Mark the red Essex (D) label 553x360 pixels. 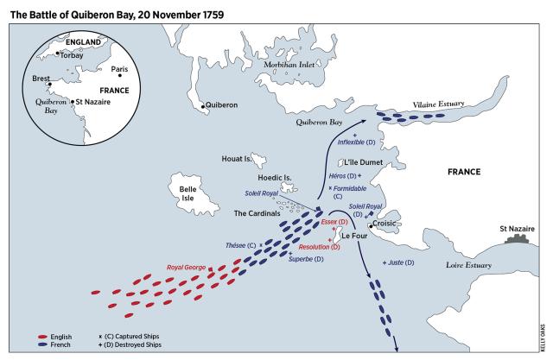[x=334, y=222]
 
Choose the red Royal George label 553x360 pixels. [x=187, y=268]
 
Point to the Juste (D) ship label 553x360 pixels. [x=402, y=262]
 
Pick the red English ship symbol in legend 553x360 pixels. [x=42, y=336]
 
